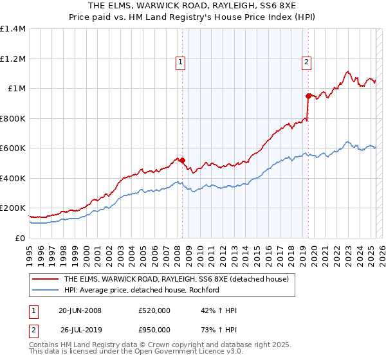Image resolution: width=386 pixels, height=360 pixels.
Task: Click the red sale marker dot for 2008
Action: click(182, 161)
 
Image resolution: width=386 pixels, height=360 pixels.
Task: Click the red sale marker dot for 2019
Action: click(309, 96)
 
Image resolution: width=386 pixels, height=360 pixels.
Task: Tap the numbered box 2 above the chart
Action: click(306, 62)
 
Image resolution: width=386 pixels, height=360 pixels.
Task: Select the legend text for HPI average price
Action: click(142, 290)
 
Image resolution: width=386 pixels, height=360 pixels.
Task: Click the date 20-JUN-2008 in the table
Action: click(80, 310)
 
